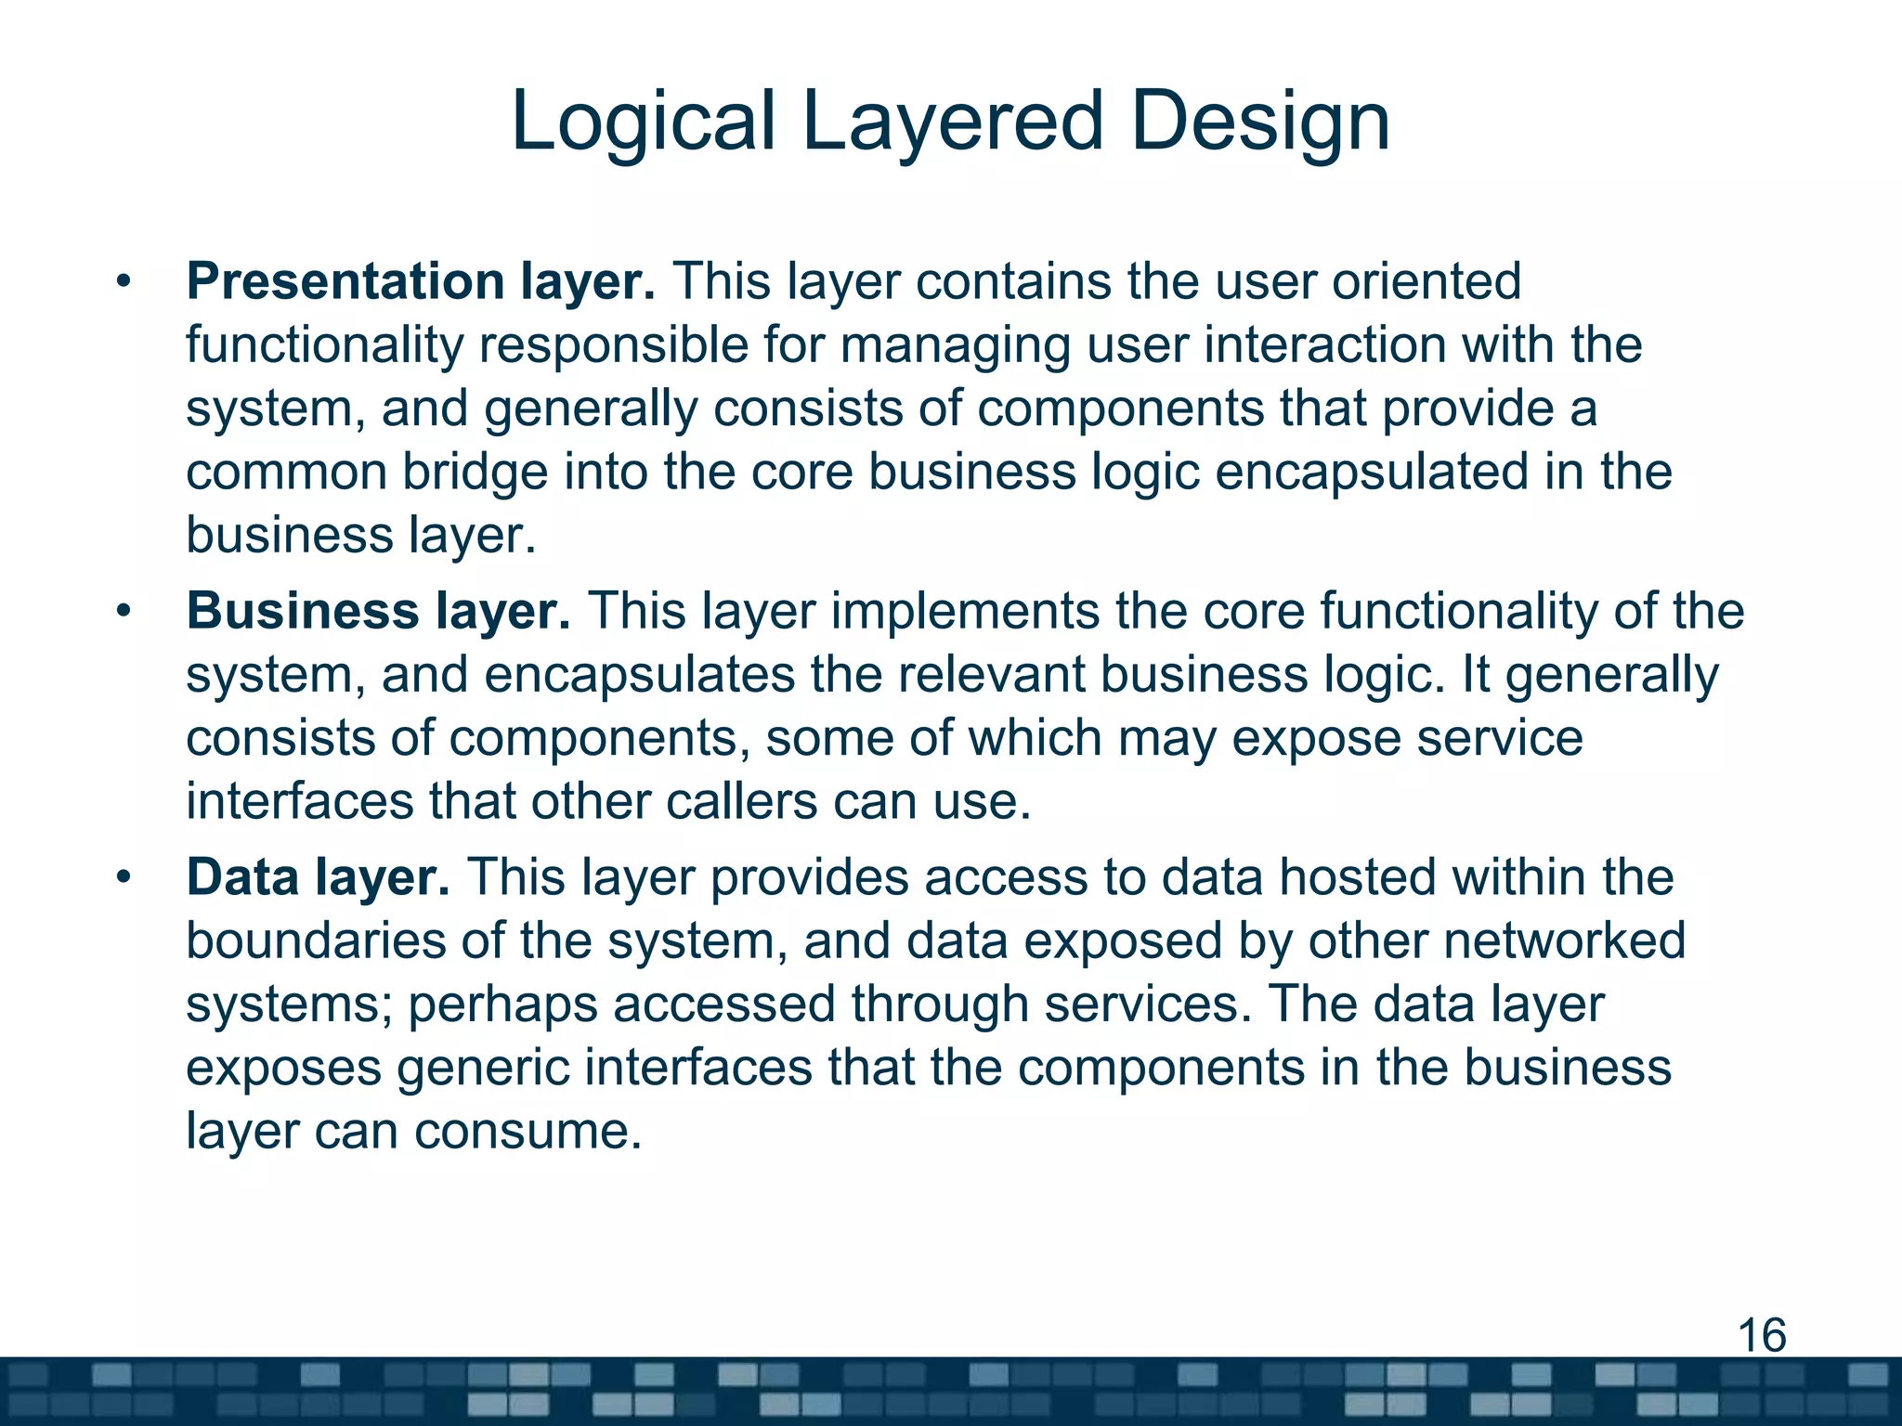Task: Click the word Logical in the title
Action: coord(642,123)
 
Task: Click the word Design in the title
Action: coord(1259,123)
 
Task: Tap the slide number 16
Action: coord(1761,1336)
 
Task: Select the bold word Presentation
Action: coord(345,281)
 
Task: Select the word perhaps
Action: coord(502,1005)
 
